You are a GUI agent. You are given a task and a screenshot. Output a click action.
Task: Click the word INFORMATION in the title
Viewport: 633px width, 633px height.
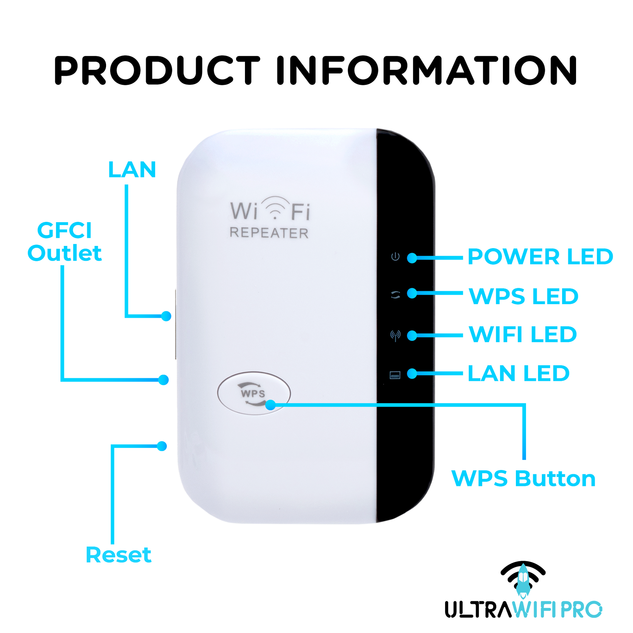tap(426, 70)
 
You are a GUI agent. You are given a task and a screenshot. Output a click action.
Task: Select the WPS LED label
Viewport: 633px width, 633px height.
tap(523, 297)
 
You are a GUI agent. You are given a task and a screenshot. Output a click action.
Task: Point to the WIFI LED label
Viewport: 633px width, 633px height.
tap(523, 334)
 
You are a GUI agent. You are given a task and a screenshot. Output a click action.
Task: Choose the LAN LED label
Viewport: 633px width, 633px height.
tap(518, 373)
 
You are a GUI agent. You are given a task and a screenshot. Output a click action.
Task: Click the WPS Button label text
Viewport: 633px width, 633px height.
tap(523, 479)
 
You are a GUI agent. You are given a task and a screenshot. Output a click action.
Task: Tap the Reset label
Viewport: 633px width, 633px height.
tap(118, 555)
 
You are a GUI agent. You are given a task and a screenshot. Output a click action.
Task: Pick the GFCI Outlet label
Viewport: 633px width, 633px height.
tap(64, 242)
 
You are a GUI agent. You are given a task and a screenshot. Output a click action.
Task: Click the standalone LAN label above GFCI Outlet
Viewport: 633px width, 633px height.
tap(132, 170)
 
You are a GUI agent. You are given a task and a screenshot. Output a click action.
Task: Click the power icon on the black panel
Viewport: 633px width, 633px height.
tap(396, 257)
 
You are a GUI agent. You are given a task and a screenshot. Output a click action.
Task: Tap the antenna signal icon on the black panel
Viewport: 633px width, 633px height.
tap(396, 335)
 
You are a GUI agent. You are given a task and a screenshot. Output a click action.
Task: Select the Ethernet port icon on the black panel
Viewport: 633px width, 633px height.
tap(395, 375)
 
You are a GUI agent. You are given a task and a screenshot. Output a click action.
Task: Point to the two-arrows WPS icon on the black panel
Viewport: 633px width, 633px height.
tap(396, 295)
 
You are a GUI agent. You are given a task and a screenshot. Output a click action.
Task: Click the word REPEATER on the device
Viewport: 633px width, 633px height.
tap(269, 233)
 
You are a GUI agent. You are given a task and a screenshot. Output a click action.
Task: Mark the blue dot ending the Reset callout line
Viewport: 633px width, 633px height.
tap(162, 446)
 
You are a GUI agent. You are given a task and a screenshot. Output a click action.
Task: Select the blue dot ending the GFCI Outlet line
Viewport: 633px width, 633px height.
tap(164, 380)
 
